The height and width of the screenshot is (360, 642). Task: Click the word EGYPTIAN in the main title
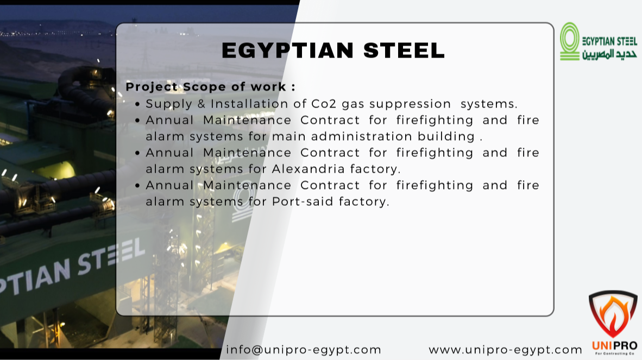point(287,50)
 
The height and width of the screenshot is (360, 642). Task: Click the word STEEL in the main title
point(404,50)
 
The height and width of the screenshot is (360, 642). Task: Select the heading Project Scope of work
point(210,87)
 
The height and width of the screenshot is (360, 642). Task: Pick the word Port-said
point(303,201)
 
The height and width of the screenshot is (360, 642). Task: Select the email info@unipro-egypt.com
point(304,350)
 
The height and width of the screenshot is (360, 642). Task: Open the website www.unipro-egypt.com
point(505,350)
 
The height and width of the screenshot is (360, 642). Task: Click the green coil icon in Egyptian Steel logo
point(570,42)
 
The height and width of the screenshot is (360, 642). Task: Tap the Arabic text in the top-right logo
point(609,54)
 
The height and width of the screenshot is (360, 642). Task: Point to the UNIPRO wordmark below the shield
point(614,346)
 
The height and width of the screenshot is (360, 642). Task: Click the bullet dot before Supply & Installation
point(137,105)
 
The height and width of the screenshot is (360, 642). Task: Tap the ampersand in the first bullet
point(202,104)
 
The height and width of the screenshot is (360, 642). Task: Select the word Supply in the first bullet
point(169,104)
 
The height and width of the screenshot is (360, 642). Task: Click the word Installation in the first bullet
point(249,104)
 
